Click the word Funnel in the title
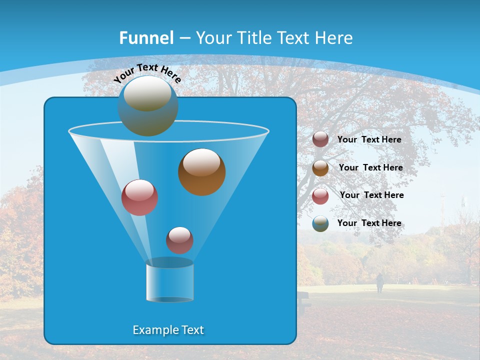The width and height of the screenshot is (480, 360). click(x=146, y=38)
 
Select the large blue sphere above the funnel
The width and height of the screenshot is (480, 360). click(x=147, y=106)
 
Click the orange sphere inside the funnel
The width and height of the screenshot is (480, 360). click(x=201, y=172)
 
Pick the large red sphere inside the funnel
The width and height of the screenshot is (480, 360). click(x=139, y=197)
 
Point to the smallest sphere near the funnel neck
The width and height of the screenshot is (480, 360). click(x=179, y=240)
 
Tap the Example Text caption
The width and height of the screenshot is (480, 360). click(x=168, y=330)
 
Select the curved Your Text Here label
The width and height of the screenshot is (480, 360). click(x=147, y=72)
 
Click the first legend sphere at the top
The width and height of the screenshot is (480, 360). click(x=320, y=139)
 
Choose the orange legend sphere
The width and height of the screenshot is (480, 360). click(x=320, y=168)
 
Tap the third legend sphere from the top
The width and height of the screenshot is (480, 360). click(x=320, y=195)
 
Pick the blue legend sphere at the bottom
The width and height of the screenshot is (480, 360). click(x=320, y=223)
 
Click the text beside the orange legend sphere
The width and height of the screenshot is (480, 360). click(x=370, y=167)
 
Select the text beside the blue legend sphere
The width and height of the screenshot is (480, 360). click(x=369, y=223)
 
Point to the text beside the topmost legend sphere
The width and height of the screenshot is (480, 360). click(x=369, y=139)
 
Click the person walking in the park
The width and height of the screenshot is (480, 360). click(x=380, y=283)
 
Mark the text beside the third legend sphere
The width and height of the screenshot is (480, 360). click(x=371, y=195)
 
